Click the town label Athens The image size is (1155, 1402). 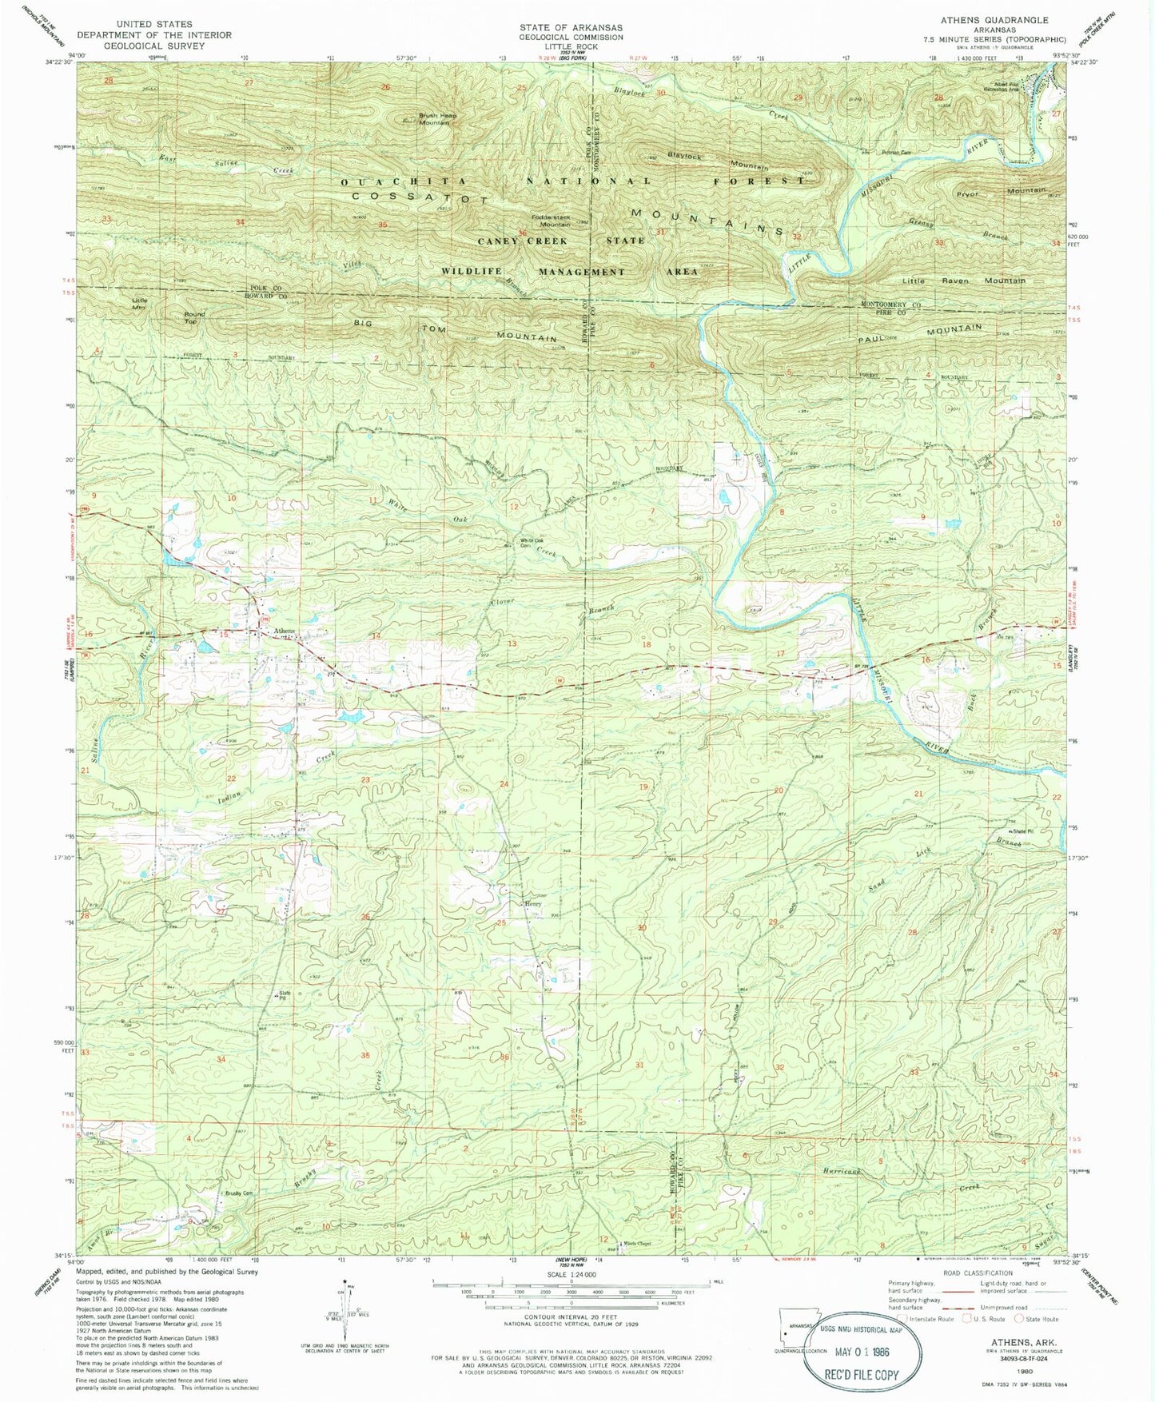[284, 631]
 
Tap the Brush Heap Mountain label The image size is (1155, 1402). [439, 118]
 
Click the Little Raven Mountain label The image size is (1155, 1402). [963, 281]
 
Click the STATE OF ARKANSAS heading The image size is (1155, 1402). [570, 27]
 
